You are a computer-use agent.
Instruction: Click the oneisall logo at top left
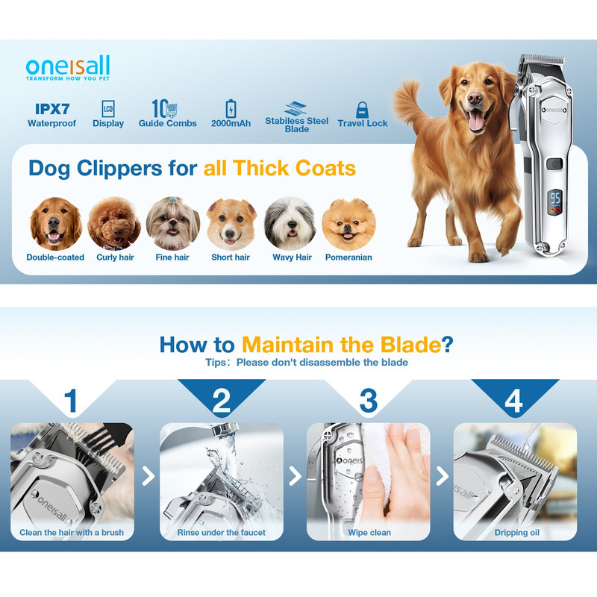(68, 68)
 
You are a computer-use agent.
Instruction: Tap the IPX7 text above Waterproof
(52, 109)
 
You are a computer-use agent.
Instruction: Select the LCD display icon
(108, 109)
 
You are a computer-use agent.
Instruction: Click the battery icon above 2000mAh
(231, 109)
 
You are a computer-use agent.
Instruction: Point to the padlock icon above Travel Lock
(362, 110)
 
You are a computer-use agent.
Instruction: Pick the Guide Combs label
(167, 123)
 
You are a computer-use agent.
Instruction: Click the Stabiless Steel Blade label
(296, 125)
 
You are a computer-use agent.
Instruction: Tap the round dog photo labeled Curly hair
(114, 223)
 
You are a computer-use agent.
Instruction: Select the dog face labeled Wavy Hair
(290, 223)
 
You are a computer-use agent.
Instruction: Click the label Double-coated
(55, 257)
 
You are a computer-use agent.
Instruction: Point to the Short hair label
(231, 257)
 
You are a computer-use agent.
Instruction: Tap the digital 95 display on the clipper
(555, 198)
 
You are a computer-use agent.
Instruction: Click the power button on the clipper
(554, 164)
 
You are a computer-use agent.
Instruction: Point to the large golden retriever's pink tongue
(476, 122)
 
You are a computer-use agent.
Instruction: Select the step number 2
(221, 401)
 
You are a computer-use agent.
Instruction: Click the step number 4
(513, 401)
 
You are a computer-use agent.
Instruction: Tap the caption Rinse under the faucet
(221, 533)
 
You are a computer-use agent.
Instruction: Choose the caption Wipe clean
(369, 533)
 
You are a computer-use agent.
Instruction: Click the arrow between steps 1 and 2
(148, 476)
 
